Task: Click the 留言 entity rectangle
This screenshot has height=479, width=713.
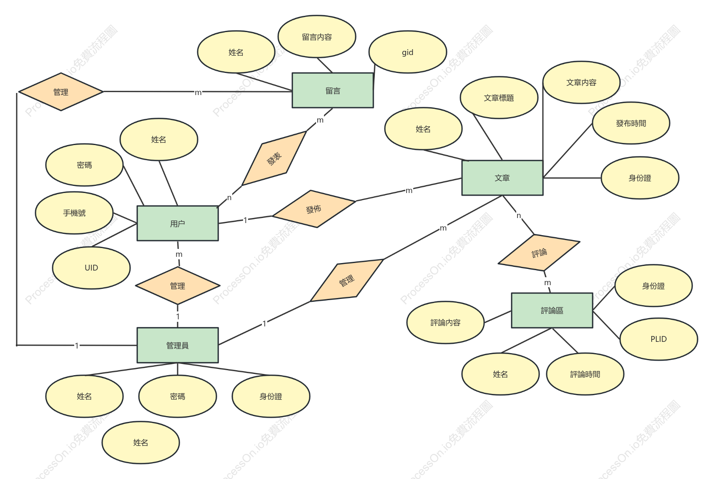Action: tap(333, 90)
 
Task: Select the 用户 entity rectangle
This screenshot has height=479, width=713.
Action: tap(178, 223)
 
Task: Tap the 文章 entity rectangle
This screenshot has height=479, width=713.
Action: tap(502, 178)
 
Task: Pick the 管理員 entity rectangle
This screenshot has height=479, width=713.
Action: tap(178, 345)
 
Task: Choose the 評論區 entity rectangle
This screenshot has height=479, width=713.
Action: tap(552, 310)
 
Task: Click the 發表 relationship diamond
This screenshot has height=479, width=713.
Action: tap(274, 158)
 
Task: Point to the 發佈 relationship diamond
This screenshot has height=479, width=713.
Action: tap(314, 209)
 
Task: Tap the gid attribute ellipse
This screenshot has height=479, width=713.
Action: tap(408, 52)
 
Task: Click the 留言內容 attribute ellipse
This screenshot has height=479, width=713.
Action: tap(317, 37)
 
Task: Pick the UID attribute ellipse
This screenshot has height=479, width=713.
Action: tap(91, 268)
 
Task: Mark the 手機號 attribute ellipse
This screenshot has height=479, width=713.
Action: tap(74, 213)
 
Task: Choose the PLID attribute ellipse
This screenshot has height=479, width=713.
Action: tap(658, 339)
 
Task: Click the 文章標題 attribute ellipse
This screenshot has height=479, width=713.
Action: tap(499, 98)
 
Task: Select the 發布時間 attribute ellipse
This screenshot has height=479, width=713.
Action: tap(631, 123)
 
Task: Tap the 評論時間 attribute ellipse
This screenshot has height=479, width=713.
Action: tap(585, 374)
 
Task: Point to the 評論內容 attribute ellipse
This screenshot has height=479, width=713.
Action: tap(445, 322)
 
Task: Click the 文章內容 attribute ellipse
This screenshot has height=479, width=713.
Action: tap(581, 83)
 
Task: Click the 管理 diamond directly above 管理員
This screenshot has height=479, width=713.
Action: tap(178, 286)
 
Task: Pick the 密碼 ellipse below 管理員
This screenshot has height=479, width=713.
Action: tap(178, 396)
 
